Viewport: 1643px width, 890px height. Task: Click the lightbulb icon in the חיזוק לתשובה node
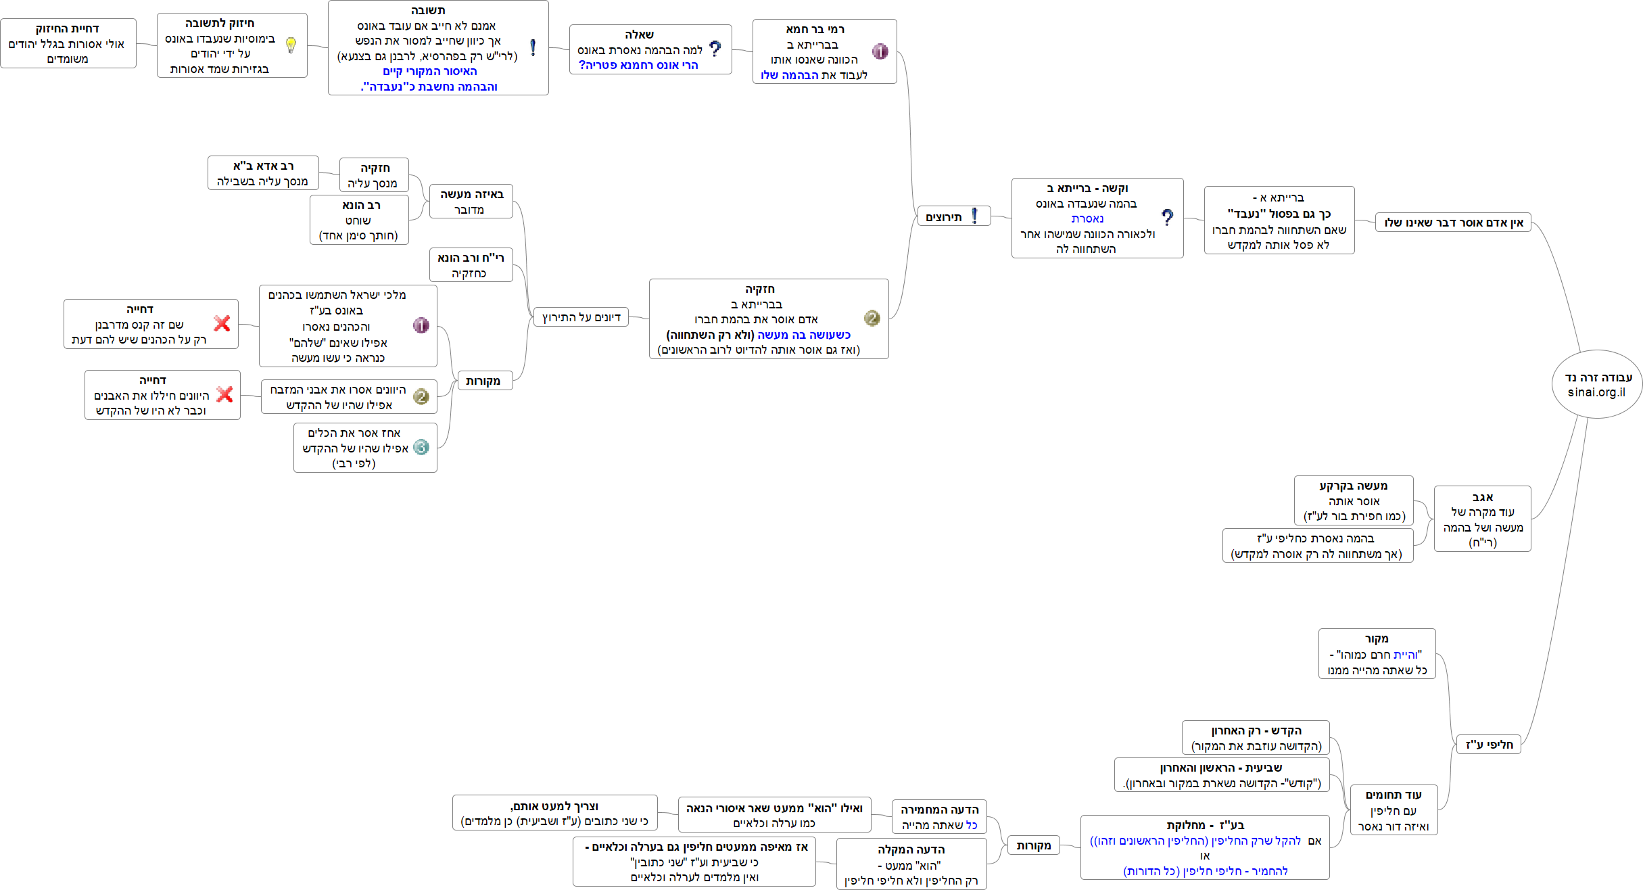pyautogui.click(x=291, y=45)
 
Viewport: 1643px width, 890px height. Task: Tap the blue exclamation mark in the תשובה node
pyautogui.click(x=533, y=48)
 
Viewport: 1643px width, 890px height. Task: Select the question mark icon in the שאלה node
pyautogui.click(x=715, y=49)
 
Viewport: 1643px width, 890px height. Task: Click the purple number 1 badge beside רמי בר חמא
pyautogui.click(x=880, y=51)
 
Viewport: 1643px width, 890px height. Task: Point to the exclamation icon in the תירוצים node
pyautogui.click(x=974, y=216)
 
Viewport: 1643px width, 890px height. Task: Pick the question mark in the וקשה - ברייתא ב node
pyautogui.click(x=1167, y=218)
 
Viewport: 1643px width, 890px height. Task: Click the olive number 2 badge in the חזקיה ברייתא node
pyautogui.click(x=872, y=318)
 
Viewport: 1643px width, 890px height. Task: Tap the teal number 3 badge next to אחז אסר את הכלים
pyautogui.click(x=421, y=447)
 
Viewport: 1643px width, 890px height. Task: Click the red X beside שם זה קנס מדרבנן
pyautogui.click(x=222, y=323)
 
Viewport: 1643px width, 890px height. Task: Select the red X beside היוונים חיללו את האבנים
pyautogui.click(x=224, y=394)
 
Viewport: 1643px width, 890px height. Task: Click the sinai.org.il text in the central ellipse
pyautogui.click(x=1596, y=392)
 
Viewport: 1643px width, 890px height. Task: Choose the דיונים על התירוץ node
pyautogui.click(x=581, y=317)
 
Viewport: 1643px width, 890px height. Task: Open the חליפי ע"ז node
pyautogui.click(x=1489, y=745)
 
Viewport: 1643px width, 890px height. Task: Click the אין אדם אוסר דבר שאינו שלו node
pyautogui.click(x=1453, y=222)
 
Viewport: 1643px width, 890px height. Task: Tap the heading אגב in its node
pyautogui.click(x=1482, y=497)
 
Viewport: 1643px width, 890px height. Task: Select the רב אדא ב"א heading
pyautogui.click(x=263, y=166)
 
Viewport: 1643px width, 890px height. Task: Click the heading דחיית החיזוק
pyautogui.click(x=68, y=28)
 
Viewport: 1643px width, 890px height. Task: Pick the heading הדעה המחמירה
pyautogui.click(x=939, y=810)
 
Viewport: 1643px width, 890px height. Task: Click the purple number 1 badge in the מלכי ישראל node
pyautogui.click(x=421, y=326)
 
